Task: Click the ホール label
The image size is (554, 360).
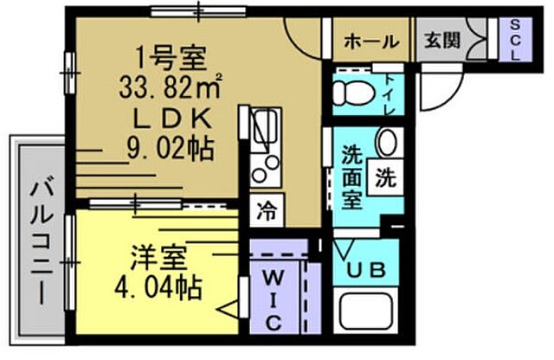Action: pyautogui.click(x=371, y=40)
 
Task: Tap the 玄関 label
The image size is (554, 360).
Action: pyautogui.click(x=441, y=40)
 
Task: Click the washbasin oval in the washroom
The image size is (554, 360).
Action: pyautogui.click(x=387, y=141)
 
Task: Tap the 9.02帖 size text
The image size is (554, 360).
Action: pyautogui.click(x=169, y=148)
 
